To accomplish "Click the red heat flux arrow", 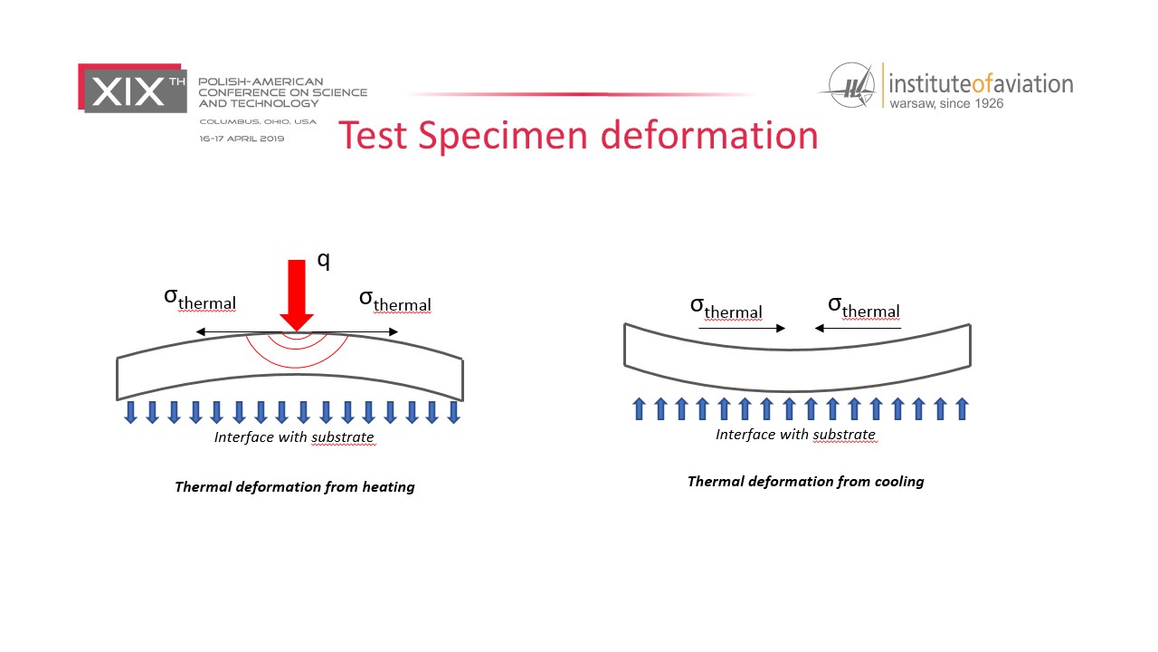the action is (297, 295).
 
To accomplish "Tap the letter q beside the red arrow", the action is (324, 260).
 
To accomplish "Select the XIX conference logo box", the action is (132, 88).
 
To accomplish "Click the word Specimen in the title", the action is (502, 136).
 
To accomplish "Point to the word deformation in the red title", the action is (709, 135).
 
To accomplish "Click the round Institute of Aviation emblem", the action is (851, 85).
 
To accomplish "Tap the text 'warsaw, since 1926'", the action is (946, 103).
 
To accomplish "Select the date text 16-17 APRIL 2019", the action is (242, 139).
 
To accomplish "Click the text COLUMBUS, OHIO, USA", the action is (258, 121).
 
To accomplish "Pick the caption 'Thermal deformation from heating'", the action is (295, 487).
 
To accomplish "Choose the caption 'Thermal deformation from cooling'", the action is (805, 482).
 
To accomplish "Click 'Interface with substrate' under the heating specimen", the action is (294, 437).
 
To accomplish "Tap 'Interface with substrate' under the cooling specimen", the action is (795, 435).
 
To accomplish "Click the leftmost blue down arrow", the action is (131, 412).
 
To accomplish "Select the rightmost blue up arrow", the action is (962, 408).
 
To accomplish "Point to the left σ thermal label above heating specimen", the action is (200, 299).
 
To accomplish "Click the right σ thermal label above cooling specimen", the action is (864, 307).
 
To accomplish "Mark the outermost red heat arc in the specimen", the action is (296, 368).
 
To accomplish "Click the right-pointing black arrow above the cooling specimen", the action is (742, 328).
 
